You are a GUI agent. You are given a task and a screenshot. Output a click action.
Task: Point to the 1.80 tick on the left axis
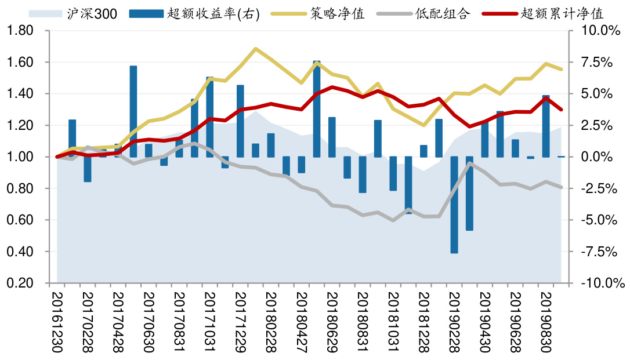point(21,31)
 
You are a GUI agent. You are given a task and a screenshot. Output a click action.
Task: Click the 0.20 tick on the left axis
point(21,283)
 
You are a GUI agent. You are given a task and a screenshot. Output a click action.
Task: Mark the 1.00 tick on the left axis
point(21,157)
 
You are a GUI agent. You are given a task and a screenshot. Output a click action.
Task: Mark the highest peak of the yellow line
point(256,49)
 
